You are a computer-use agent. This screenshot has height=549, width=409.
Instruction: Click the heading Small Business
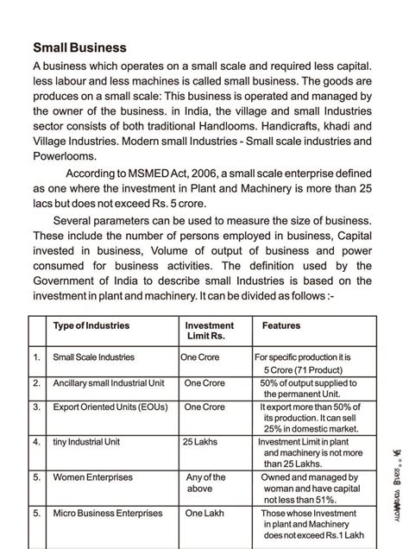coord(79,47)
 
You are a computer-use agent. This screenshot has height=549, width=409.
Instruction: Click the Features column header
coord(281,325)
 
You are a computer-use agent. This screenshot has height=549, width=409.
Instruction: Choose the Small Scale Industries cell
coord(93,357)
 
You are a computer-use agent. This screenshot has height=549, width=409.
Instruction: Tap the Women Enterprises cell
coord(94,476)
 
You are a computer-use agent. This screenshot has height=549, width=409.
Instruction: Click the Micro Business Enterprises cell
coord(107,513)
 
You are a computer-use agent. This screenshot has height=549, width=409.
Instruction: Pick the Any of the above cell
coord(205,482)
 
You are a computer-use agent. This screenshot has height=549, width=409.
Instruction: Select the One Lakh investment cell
coord(204,513)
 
